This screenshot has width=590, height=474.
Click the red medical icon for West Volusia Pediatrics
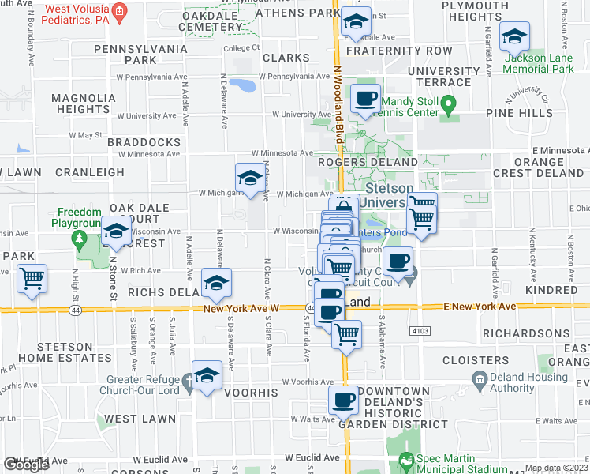pyautogui.click(x=119, y=10)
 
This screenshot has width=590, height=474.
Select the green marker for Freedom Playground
pyautogui.click(x=77, y=238)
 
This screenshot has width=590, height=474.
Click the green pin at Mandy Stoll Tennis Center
pyautogui.click(x=448, y=103)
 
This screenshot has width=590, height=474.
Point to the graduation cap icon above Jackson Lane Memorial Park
pyautogui.click(x=514, y=36)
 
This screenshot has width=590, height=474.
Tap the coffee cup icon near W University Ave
pyautogui.click(x=365, y=99)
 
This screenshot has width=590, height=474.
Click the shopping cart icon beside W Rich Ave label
pyautogui.click(x=32, y=278)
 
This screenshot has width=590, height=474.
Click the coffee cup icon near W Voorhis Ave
pyautogui.click(x=344, y=400)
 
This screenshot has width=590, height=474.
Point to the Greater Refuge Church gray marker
pyautogui.click(x=188, y=383)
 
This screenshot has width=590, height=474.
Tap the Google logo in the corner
pyautogui.click(x=27, y=465)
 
